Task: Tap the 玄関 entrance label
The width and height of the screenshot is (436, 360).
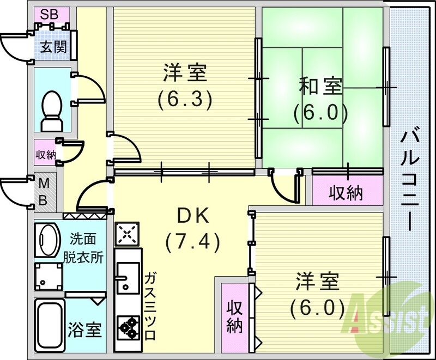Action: pyautogui.click(x=53, y=47)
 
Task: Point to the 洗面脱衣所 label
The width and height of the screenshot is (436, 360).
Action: pyautogui.click(x=86, y=248)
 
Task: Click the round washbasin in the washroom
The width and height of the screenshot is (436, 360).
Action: pyautogui.click(x=48, y=238)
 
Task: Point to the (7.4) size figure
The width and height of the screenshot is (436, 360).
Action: pyautogui.click(x=192, y=241)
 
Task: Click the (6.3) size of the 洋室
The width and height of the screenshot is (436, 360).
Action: pyautogui.click(x=185, y=99)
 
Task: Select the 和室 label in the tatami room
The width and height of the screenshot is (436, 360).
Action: pyautogui.click(x=320, y=86)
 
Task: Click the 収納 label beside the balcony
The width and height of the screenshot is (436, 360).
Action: pyautogui.click(x=346, y=192)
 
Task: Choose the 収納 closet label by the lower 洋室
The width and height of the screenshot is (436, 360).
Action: pyautogui.click(x=235, y=316)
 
